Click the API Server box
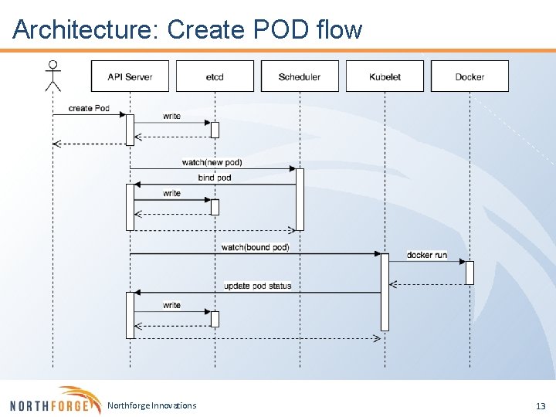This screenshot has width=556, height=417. click(130, 76)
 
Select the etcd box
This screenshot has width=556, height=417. click(215, 76)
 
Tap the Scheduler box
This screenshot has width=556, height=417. click(300, 76)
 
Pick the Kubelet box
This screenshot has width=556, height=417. click(385, 76)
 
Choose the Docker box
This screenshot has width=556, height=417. click(470, 76)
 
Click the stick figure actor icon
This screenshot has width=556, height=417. click(53, 76)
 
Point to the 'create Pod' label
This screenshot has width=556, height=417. click(89, 108)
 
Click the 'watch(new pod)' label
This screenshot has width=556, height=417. click(212, 162)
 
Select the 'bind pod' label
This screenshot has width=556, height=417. click(215, 178)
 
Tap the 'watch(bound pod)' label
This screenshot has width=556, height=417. click(255, 247)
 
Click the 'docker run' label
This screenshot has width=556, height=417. click(426, 255)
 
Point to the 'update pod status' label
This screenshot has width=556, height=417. click(258, 286)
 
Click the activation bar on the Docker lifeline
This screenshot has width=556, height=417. click(470, 273)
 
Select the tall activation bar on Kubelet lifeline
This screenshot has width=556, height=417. click(385, 292)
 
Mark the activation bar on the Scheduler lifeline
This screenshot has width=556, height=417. click(300, 199)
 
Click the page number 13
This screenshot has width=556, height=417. click(540, 406)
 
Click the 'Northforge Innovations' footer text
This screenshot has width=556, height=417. click(151, 405)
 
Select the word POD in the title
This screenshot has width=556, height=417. click(282, 29)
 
